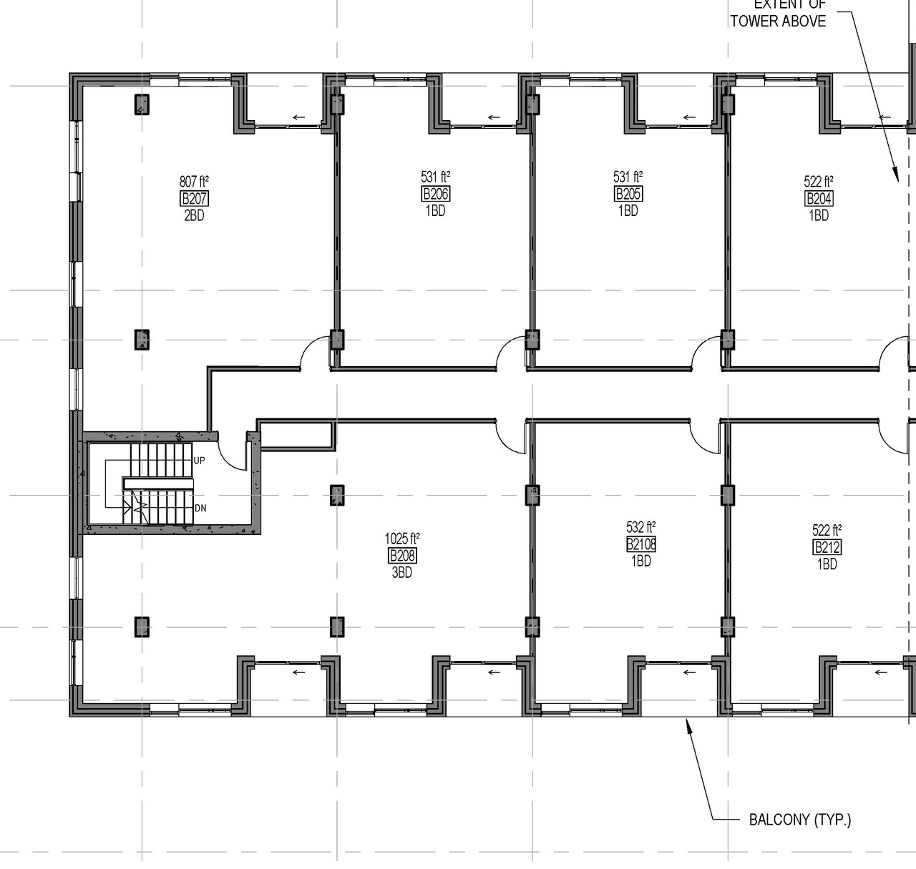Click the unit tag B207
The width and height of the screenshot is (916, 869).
point(194,199)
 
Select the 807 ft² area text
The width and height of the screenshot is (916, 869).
point(194,182)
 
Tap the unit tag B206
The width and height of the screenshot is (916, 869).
point(435,194)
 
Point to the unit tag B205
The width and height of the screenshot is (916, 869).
point(628,194)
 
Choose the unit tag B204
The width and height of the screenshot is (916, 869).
point(819,199)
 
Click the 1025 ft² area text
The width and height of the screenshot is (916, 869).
point(401,539)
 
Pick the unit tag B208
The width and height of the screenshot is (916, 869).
point(401,556)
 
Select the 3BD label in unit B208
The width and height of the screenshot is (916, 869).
point(401,572)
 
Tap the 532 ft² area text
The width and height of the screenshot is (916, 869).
point(640,528)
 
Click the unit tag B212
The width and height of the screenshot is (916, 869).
point(827,548)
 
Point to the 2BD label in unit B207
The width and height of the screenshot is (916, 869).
point(194,215)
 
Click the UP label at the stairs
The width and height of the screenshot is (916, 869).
point(199,461)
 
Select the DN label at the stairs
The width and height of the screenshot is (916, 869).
point(200,509)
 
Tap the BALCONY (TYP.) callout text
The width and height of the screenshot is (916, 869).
point(799,820)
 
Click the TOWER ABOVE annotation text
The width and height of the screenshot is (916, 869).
point(778,21)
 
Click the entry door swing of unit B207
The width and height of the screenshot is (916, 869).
point(313,353)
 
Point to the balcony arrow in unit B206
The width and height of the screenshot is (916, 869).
point(494,117)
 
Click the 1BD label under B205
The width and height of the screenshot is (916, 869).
point(628,211)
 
